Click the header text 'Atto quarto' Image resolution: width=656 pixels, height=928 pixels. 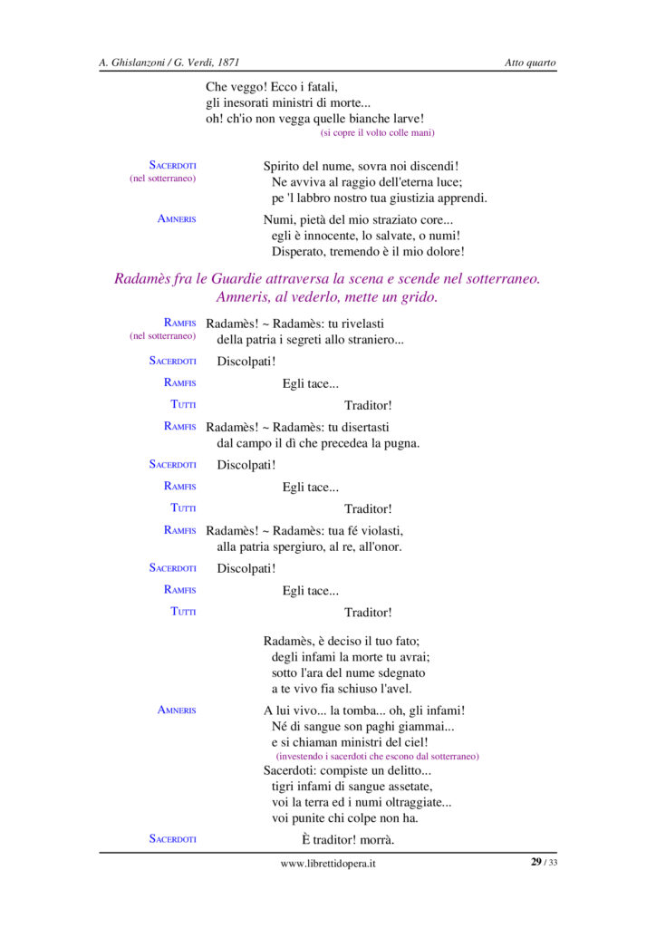[x=530, y=63]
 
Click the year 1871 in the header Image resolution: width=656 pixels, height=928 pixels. [x=227, y=63]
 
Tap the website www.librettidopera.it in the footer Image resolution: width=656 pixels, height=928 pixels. [x=328, y=864]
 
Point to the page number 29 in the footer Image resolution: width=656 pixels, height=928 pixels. [x=536, y=862]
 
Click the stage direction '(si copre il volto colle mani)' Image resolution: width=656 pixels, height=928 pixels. [x=377, y=133]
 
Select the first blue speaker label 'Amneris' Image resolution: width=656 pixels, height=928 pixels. [x=177, y=218]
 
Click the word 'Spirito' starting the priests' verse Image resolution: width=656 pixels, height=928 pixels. [x=283, y=166]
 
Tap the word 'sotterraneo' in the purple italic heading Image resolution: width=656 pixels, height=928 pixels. [x=500, y=279]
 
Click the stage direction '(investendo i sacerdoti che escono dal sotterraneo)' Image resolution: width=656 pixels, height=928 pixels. [x=377, y=756]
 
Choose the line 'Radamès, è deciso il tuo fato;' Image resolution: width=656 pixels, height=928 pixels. [x=342, y=641]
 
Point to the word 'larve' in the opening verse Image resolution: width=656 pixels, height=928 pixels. [x=405, y=119]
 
